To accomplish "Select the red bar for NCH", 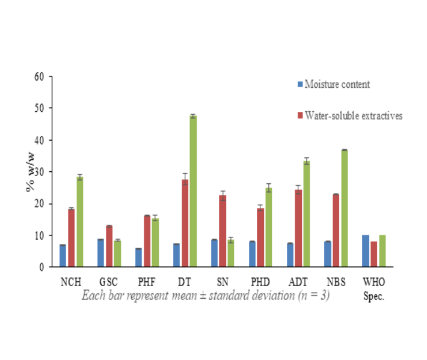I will pyautogui.click(x=71, y=237).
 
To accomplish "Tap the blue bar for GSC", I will pyautogui.click(x=100, y=253).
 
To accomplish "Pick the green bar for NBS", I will pyautogui.click(x=344, y=208).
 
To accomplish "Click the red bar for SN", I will pyautogui.click(x=223, y=231).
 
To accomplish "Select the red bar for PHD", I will pyautogui.click(x=260, y=237).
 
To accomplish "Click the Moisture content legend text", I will pyautogui.click(x=337, y=84).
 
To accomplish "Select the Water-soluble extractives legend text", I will pyautogui.click(x=354, y=115).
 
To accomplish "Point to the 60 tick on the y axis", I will pyautogui.click(x=40, y=76).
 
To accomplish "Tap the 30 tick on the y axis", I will pyautogui.click(x=40, y=172).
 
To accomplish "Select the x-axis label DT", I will pyautogui.click(x=185, y=281).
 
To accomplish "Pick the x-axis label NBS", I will pyautogui.click(x=336, y=281).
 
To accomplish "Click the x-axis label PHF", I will pyautogui.click(x=147, y=281).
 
